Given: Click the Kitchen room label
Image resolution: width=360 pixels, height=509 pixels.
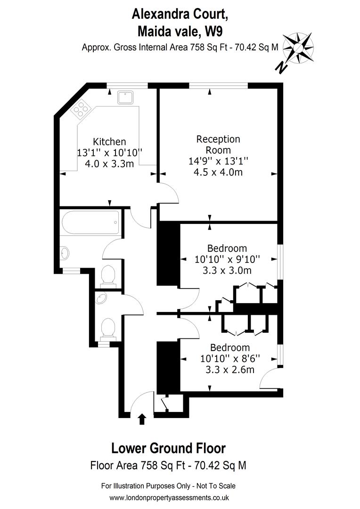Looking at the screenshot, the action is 109,142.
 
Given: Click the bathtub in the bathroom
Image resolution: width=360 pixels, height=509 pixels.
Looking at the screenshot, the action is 90,222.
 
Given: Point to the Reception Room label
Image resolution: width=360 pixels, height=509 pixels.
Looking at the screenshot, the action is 218,145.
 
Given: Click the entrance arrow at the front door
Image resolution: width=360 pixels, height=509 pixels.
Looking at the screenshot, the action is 141,419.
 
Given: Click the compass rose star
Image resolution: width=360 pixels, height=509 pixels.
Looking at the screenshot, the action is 298,48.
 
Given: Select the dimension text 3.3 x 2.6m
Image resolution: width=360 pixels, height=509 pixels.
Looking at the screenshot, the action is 230,369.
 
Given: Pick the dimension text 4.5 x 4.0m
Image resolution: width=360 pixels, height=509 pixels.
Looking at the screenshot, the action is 218,172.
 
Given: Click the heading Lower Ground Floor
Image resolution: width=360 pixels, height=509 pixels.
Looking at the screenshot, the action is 169,448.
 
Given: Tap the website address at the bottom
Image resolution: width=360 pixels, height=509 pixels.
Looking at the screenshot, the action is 169,498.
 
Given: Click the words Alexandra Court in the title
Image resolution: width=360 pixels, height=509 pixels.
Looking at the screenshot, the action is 180,15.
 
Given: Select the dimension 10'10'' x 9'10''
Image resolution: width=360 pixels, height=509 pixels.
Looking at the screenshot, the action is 227,259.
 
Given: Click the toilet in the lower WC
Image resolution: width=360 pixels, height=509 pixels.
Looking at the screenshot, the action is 108,329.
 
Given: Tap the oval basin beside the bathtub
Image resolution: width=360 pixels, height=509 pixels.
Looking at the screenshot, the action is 65,253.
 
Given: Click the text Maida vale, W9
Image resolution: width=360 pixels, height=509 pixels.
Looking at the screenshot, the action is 180,32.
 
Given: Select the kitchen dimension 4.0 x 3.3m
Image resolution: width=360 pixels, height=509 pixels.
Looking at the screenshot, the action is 109,164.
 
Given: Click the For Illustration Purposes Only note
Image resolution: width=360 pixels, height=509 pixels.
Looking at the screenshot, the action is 168,486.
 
